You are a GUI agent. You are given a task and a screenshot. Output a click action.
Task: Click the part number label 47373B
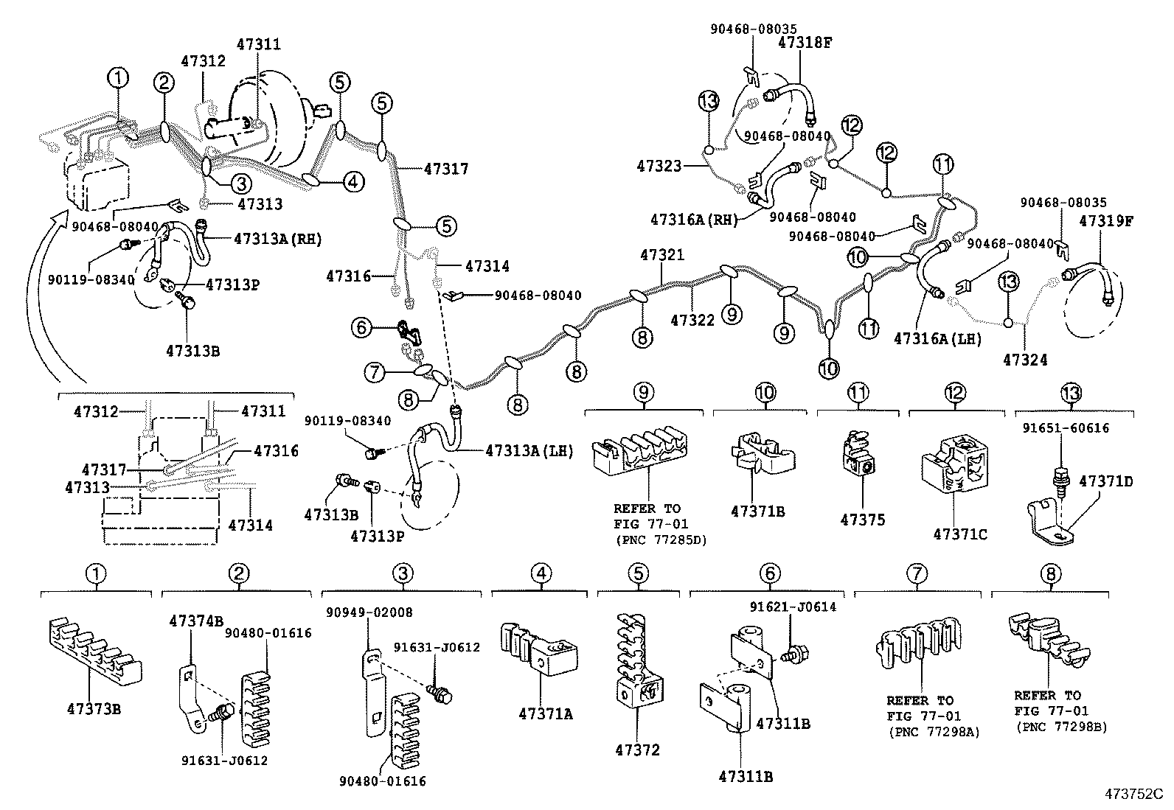coord(94,709)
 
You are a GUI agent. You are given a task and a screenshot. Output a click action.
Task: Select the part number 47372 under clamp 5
coord(639,750)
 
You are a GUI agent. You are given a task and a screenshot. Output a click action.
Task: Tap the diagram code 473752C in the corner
coord(1133,794)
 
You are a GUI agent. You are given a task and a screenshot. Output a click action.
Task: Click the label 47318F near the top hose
coord(805,43)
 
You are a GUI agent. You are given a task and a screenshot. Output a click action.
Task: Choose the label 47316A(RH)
coord(695,220)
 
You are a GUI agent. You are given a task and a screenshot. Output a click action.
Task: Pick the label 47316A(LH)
coord(937,338)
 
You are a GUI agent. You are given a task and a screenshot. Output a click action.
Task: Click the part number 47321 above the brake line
coord(661,255)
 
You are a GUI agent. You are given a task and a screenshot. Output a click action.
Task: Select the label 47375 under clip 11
coord(862,520)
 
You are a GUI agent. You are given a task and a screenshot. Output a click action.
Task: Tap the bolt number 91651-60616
coord(1065,428)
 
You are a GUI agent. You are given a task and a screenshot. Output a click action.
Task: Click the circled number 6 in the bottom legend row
coord(768,573)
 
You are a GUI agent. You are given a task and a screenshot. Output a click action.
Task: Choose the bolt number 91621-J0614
coord(793,607)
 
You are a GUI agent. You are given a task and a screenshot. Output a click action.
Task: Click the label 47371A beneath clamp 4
coord(546,713)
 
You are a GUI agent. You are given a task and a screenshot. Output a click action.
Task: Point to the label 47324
coord(1025,360)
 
